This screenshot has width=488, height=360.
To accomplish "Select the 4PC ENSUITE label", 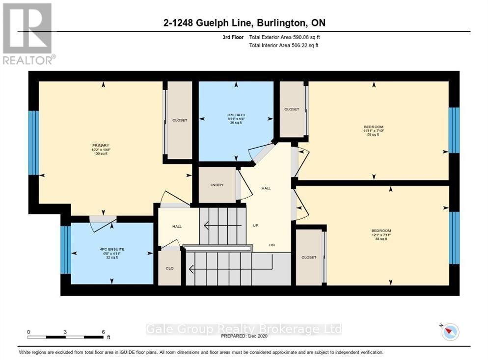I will click(x=112, y=249).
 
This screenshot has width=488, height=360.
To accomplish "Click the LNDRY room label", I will click(x=217, y=185).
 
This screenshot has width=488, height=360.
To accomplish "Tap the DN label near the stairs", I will click(x=271, y=245).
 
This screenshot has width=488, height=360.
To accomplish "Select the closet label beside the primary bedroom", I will click(x=179, y=120).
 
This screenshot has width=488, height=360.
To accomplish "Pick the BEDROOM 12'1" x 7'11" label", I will click(x=381, y=231).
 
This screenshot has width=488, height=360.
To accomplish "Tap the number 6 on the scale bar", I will click(x=103, y=332).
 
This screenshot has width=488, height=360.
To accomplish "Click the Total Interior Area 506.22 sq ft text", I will click(x=284, y=45).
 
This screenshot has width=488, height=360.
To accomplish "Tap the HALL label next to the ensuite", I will click(x=177, y=227).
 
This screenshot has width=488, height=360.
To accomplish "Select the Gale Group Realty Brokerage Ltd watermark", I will click(x=244, y=329).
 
